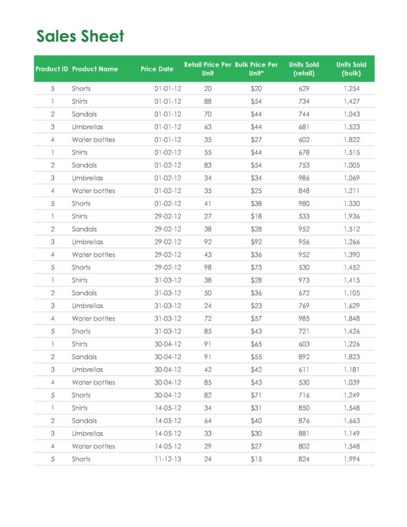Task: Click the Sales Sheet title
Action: coord(80,37)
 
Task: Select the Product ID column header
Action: coord(52,69)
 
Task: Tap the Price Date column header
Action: coord(157,69)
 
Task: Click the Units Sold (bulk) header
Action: coord(351,69)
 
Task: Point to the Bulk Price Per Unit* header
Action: coord(256,69)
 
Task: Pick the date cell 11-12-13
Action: coord(168,459)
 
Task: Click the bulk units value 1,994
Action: coord(351,459)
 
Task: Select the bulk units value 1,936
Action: coord(351,216)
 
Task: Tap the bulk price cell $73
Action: coord(256,267)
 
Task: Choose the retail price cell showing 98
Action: coord(208,267)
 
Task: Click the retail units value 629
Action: coord(304,89)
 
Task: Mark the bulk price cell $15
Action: coord(256,459)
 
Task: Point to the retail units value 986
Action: coord(304,178)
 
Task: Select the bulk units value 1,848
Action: coord(351,318)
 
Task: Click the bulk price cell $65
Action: coord(256,344)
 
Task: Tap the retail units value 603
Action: coord(304,344)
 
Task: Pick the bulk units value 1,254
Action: coord(351,89)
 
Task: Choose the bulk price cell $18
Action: coord(256,216)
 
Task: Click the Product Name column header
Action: coord(95,69)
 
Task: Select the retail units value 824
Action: coord(304,459)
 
